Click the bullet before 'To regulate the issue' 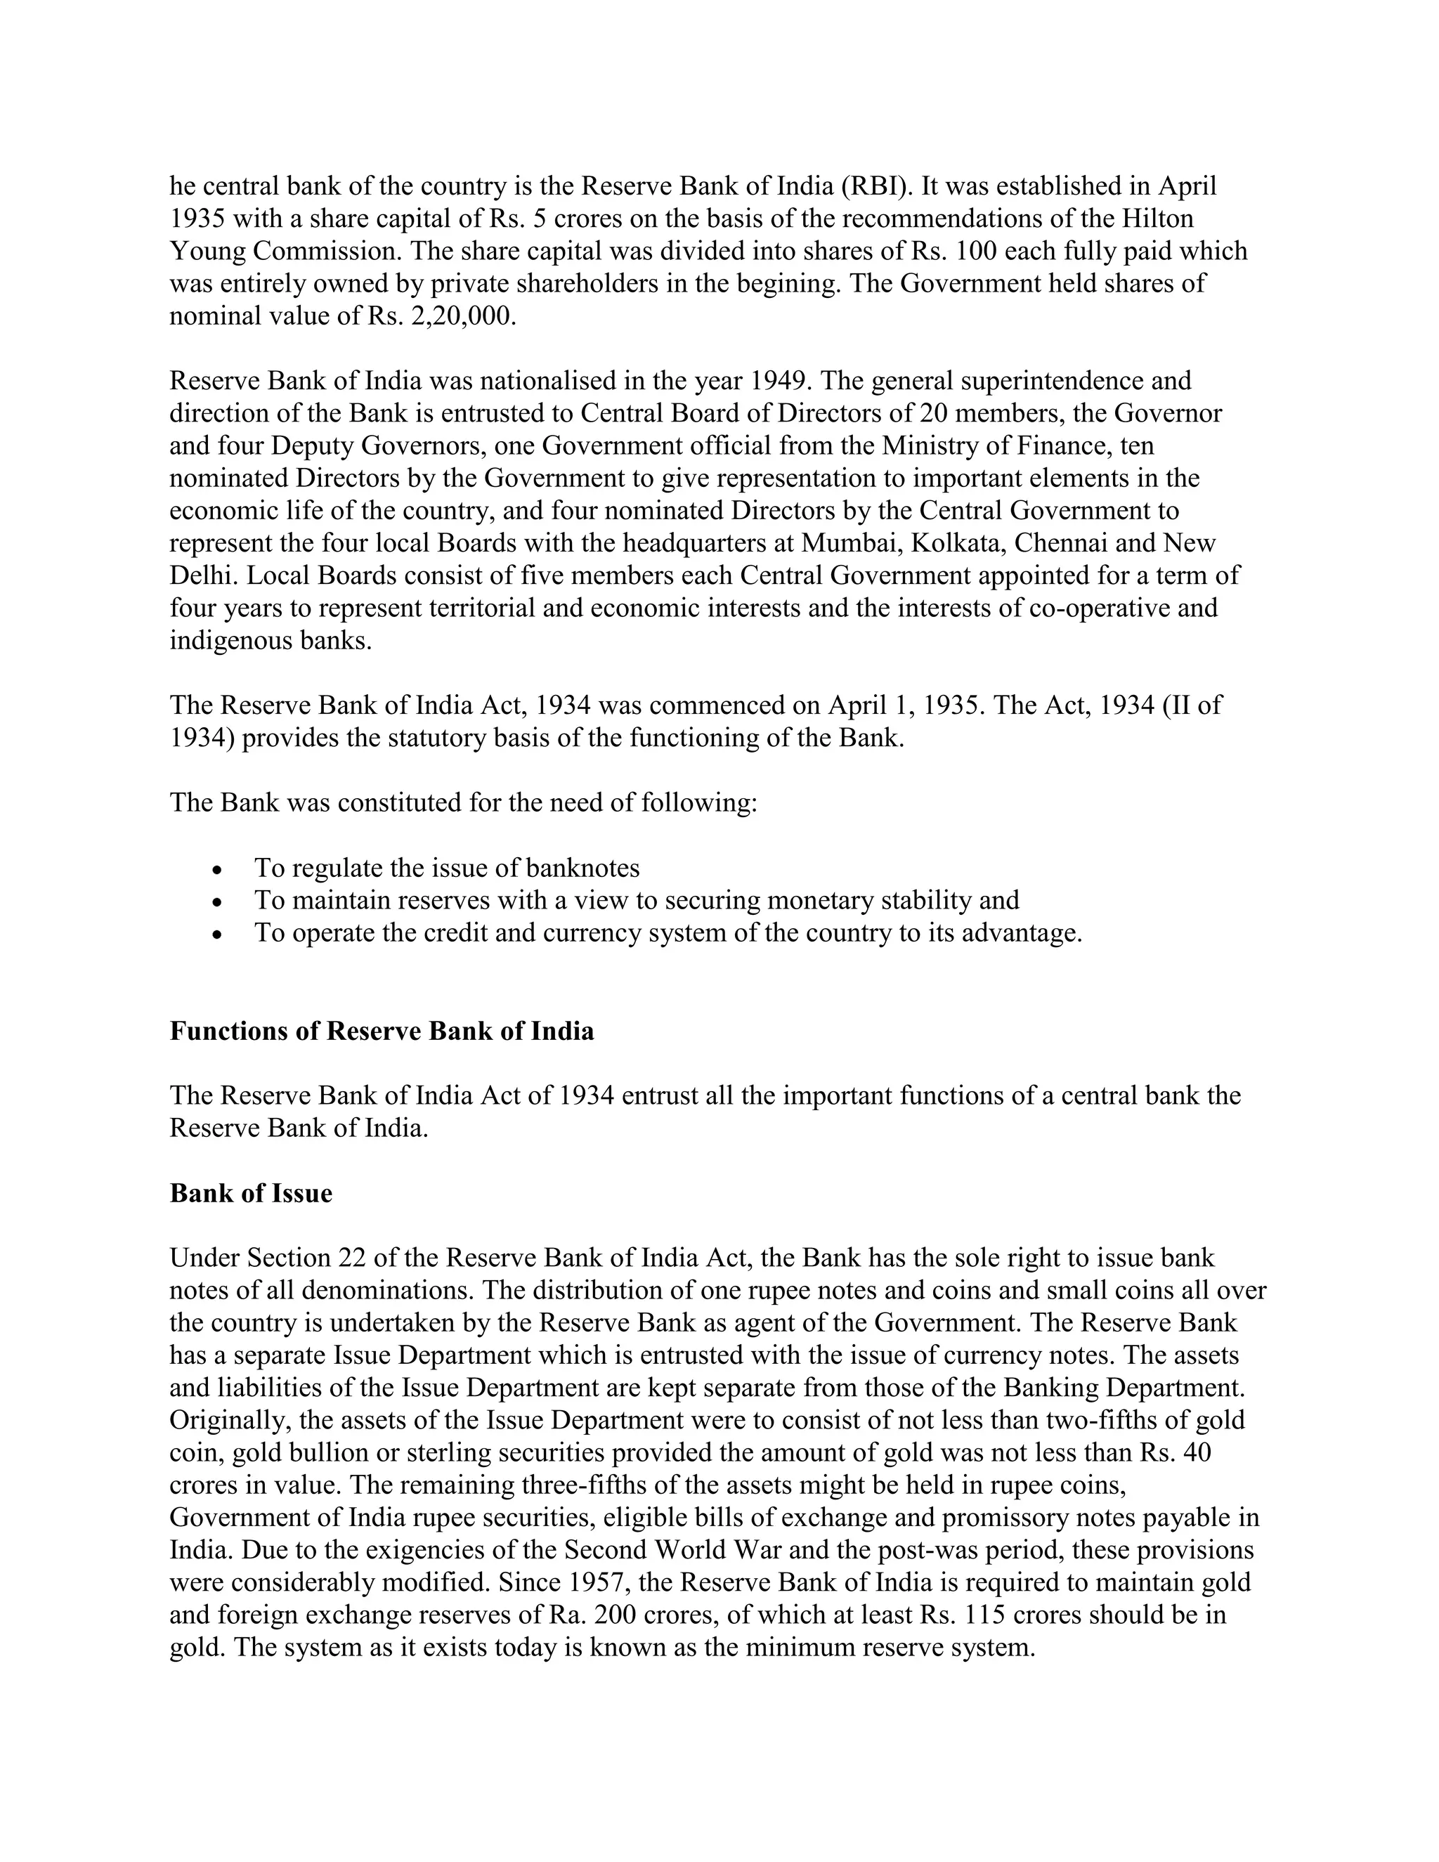coord(219,871)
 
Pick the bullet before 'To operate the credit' coord(219,935)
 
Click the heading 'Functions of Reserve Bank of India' coord(382,1031)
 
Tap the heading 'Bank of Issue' coord(251,1193)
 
